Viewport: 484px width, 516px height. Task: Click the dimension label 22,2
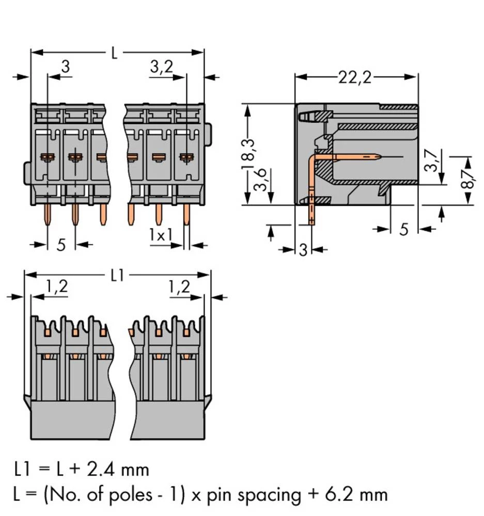point(355,77)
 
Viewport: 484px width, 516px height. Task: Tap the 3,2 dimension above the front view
point(162,67)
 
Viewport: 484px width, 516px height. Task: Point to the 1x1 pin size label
point(161,235)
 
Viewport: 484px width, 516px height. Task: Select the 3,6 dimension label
point(263,181)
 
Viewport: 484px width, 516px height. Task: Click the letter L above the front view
point(114,53)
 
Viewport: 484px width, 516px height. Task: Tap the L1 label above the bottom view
point(117,276)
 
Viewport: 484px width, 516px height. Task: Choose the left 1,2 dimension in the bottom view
point(56,287)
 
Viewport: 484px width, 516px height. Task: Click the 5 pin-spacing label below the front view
point(61,245)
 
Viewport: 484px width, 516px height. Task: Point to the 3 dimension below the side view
point(303,250)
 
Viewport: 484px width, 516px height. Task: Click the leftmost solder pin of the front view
point(48,214)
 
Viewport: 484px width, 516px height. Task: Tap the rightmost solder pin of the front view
point(186,214)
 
